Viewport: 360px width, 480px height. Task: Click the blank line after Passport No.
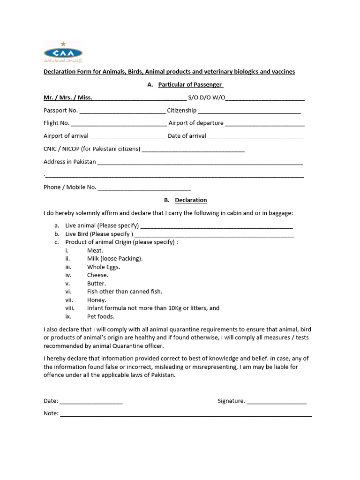(122, 112)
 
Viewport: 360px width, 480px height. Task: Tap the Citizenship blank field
(249, 112)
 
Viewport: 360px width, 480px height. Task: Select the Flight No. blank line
(119, 124)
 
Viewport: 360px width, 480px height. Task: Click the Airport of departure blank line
(265, 124)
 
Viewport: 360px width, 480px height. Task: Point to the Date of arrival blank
(255, 136)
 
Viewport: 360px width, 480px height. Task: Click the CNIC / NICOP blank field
(193, 150)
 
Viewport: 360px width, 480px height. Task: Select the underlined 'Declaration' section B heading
(191, 200)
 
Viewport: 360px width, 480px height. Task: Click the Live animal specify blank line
(217, 226)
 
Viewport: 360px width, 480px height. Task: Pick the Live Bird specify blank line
(214, 234)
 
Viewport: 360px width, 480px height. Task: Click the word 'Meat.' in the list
(95, 251)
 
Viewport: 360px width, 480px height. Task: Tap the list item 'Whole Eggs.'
(104, 267)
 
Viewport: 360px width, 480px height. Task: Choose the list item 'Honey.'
(97, 300)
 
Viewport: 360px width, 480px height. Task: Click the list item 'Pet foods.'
(101, 316)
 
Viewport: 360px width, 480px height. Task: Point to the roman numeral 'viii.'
(70, 308)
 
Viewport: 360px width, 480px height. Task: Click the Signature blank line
(277, 402)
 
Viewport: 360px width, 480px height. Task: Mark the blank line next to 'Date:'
(91, 402)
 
